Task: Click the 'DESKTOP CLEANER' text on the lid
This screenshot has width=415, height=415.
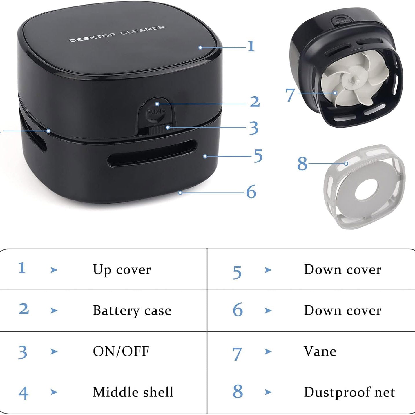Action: point(117,34)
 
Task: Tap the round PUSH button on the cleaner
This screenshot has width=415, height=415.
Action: point(156,109)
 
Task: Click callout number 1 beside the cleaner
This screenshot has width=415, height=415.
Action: point(251,46)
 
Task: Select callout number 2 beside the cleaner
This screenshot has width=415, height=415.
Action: point(255,102)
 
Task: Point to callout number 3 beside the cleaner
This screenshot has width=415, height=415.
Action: point(254,128)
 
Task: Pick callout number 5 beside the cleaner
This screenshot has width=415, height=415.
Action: point(258,156)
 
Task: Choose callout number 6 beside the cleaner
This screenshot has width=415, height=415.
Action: point(251,192)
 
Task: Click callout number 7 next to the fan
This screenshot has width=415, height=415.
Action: point(290,95)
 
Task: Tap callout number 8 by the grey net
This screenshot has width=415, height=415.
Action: point(302,164)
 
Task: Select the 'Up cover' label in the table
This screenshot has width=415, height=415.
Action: point(122,270)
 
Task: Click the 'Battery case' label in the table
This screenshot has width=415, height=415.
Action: point(132,311)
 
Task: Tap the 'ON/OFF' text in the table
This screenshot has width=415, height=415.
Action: point(121,351)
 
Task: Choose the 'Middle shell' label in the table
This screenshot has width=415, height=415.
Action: point(133,392)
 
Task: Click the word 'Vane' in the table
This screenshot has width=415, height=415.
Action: point(320,351)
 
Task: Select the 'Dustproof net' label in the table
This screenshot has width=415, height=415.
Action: point(349,392)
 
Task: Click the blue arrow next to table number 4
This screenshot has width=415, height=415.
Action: point(54,392)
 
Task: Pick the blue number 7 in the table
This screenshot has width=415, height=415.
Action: point(237,354)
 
